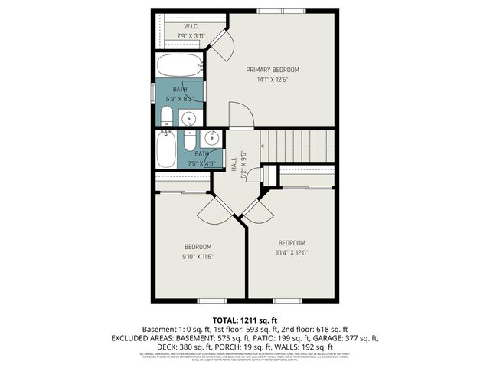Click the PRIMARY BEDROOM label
coord(273,70)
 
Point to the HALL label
coord(234,163)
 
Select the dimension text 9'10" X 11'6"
coord(198,256)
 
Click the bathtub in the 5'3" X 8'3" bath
coord(180,64)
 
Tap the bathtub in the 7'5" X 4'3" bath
coord(166,149)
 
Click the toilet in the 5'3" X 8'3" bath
coord(167,117)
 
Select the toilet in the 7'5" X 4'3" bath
coord(190,142)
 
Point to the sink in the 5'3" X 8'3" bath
coord(188,118)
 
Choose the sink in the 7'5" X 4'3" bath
coord(212,140)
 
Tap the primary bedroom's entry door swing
coord(240,115)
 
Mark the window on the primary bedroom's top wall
coord(269,11)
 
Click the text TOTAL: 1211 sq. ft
coord(244,319)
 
